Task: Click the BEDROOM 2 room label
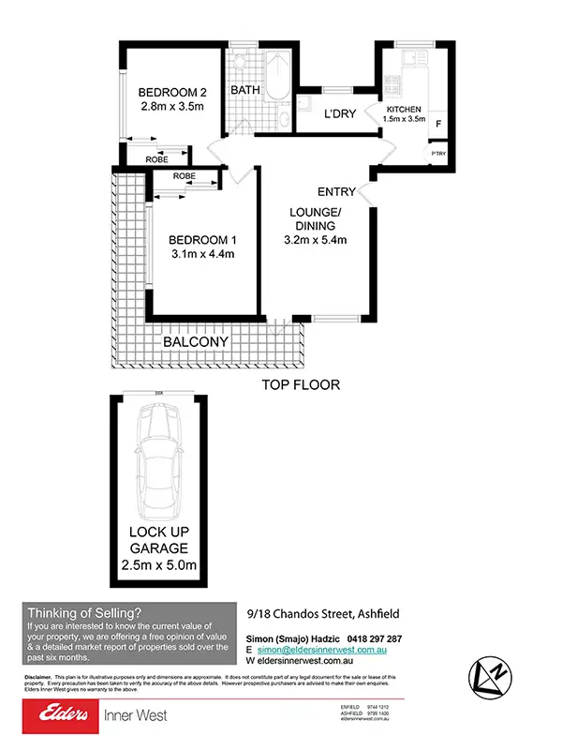[x=172, y=92]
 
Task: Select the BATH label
[x=244, y=91]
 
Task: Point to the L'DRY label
[x=338, y=114]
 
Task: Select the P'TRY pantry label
[x=437, y=153]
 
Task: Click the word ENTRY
[x=336, y=192]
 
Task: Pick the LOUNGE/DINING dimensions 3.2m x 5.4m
[x=316, y=239]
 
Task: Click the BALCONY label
[x=196, y=343]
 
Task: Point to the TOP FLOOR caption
[x=301, y=384]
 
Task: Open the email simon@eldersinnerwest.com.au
[x=328, y=649]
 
